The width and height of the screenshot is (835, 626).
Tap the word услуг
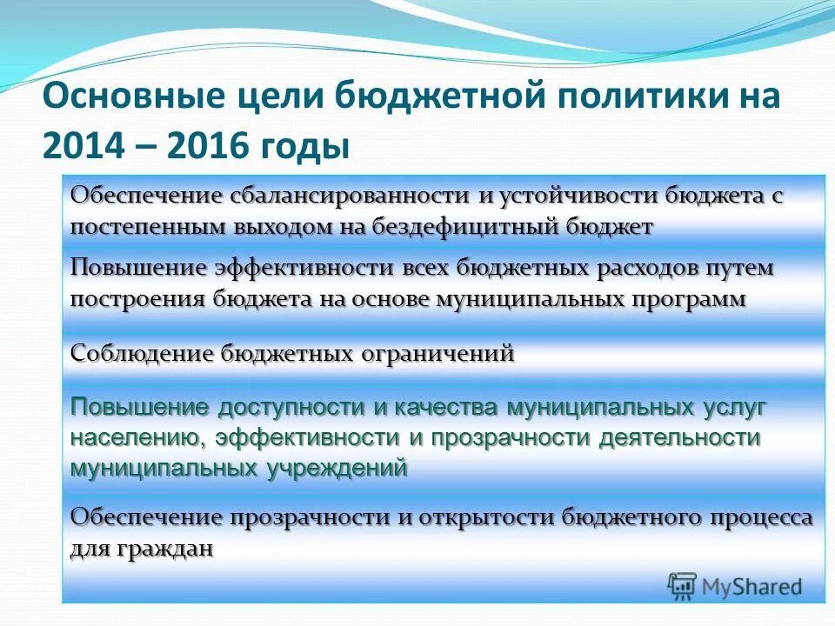click(x=735, y=407)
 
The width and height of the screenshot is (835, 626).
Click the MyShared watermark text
click(x=752, y=586)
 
